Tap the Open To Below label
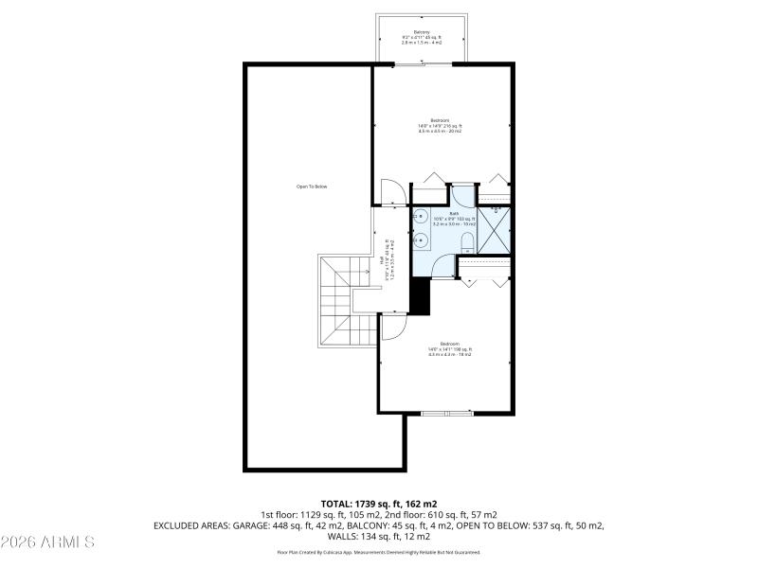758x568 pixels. pyautogui.click(x=312, y=186)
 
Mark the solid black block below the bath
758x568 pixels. pyautogui.click(x=420, y=296)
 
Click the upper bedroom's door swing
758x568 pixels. pyautogui.click(x=392, y=191)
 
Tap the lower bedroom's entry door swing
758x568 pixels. pyautogui.click(x=393, y=327)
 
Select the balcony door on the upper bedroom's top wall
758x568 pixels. pyautogui.click(x=423, y=64)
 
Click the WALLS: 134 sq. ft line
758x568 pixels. pyautogui.click(x=378, y=535)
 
